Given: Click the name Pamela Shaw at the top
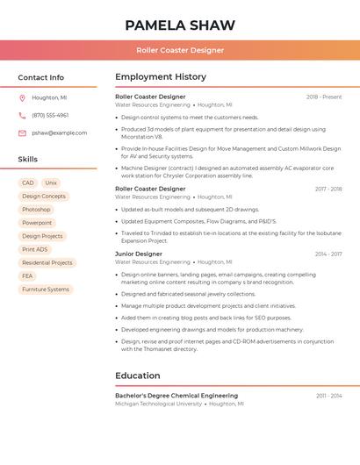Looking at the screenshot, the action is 179,25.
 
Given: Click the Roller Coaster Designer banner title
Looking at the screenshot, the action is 179,50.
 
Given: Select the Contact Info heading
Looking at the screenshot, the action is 40,77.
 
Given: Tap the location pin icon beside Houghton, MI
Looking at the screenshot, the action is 22,98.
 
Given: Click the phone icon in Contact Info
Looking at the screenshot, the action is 22,116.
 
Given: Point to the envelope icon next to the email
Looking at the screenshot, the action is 22,133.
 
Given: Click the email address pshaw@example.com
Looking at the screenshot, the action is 59,133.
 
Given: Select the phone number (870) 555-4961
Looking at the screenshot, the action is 50,116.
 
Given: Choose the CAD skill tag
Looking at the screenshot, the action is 28,183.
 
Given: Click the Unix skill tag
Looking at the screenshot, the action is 51,183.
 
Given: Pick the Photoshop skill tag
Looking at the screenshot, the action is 36,210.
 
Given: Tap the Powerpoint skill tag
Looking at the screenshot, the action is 37,223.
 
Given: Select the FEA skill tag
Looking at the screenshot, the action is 27,275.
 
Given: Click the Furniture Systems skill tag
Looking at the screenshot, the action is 46,290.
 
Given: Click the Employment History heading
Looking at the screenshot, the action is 161,77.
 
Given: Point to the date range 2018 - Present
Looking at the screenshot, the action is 324,97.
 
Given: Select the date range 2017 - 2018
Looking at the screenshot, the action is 328,189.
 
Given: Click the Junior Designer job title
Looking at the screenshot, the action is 139,254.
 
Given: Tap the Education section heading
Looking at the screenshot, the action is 138,376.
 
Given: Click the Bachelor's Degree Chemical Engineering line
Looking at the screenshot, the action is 176,396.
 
